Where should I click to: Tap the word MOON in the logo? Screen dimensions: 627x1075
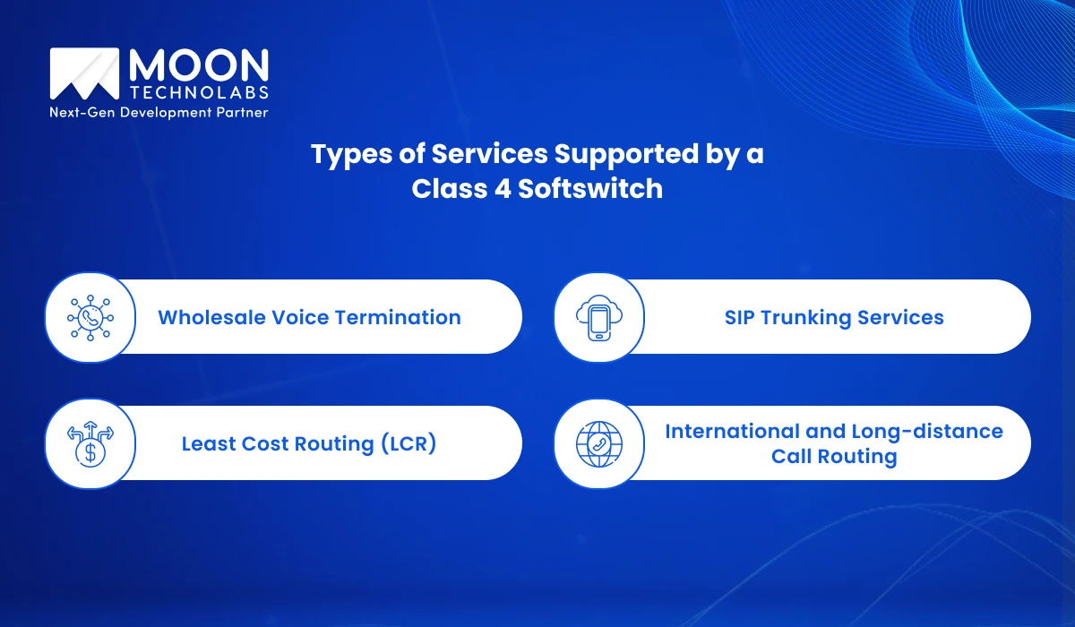[x=199, y=67]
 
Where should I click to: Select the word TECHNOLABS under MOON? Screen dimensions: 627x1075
[x=199, y=93]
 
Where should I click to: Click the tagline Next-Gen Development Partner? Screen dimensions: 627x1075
[x=159, y=113]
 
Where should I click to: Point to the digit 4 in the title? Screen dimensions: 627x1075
[x=495, y=188]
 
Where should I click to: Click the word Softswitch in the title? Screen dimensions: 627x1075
[x=588, y=188]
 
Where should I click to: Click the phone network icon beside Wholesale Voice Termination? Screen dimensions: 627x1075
[x=90, y=317]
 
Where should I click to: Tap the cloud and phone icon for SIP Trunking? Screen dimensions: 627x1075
[x=598, y=317]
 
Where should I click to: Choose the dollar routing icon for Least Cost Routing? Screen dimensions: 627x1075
[x=90, y=443]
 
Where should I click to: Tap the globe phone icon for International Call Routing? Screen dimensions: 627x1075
[x=598, y=443]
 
